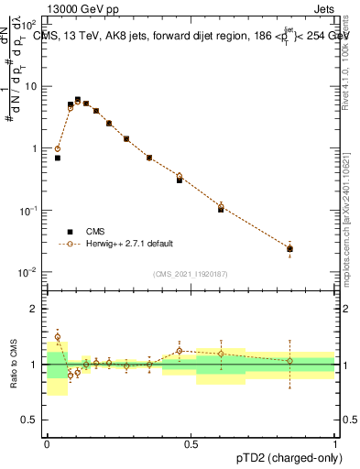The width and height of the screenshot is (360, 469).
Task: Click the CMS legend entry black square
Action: point(70,232)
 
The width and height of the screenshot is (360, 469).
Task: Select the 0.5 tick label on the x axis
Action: point(191,444)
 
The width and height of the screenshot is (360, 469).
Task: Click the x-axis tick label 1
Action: point(334,444)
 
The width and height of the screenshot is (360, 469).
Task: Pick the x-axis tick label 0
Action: point(46,444)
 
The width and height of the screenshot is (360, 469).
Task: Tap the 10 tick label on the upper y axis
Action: point(31,86)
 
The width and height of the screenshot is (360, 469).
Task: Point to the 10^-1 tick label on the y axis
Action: point(28,211)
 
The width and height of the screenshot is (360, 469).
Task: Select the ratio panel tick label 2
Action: point(37,309)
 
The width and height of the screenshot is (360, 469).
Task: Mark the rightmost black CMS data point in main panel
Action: point(289,248)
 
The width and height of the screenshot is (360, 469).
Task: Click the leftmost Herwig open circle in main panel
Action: point(57,148)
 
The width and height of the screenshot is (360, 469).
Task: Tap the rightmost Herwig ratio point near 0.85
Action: point(289,360)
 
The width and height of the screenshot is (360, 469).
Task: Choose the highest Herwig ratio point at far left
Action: point(57,337)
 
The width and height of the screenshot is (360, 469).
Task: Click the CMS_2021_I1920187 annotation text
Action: point(190,273)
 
